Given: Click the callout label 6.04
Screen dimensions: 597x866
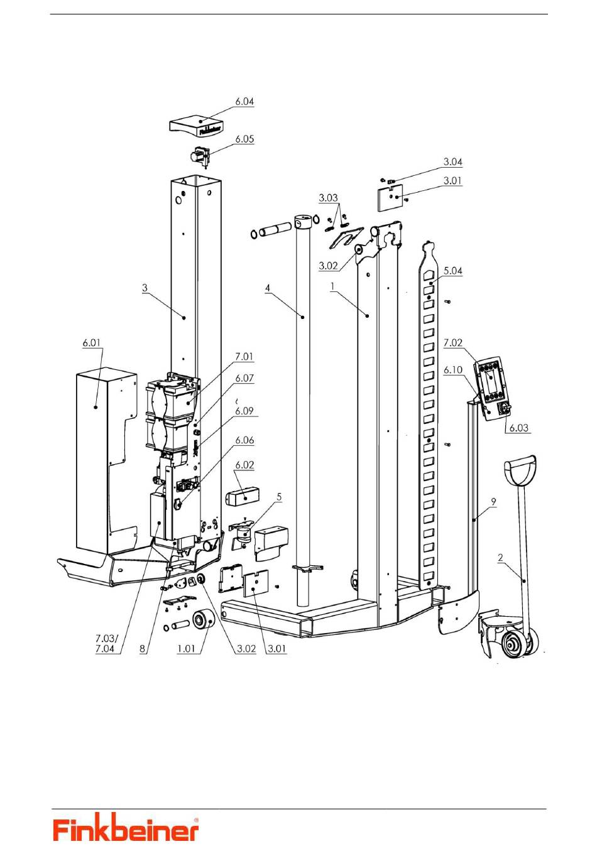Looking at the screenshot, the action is coord(244,101).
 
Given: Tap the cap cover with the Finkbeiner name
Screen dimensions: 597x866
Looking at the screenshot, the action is coord(196,125).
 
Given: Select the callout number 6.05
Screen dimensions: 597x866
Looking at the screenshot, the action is coord(244,139).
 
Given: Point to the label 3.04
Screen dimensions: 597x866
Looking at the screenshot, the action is coord(452,162).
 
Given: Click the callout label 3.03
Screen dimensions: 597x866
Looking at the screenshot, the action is coord(328,198).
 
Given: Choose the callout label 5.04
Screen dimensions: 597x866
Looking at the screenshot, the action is coord(452,271).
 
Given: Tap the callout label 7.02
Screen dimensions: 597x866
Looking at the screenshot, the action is coord(452,343).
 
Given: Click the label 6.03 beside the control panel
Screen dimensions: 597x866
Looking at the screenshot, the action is coord(518,428).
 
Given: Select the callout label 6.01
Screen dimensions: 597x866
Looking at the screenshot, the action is coord(91,343).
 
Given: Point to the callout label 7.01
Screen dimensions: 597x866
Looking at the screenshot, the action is coord(244,357).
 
